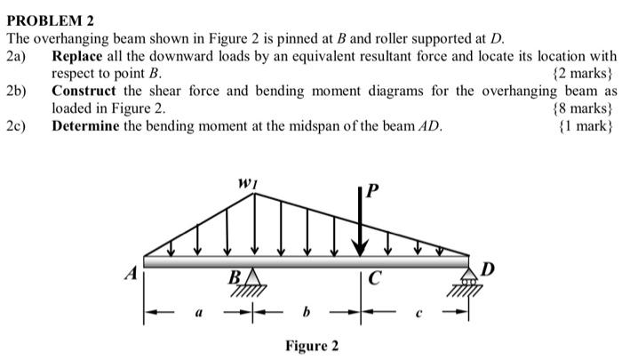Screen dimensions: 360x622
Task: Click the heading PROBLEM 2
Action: pyautogui.click(x=50, y=20)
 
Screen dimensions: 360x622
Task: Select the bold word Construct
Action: pyautogui.click(x=85, y=91)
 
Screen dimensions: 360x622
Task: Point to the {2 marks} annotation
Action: pyautogui.click(x=583, y=73)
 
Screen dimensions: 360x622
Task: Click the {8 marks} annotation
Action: pyautogui.click(x=583, y=108)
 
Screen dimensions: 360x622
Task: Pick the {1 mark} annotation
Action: pyautogui.click(x=586, y=125)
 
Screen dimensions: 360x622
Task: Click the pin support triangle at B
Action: pyautogui.click(x=253, y=277)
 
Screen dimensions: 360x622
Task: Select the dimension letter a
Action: pyautogui.click(x=199, y=312)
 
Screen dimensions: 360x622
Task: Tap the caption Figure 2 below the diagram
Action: pyautogui.click(x=311, y=345)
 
